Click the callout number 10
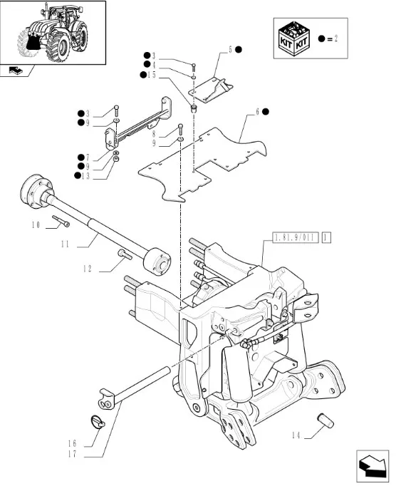36,224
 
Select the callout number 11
65,244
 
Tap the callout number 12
88,269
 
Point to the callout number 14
296,435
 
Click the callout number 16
72,443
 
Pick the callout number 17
72,454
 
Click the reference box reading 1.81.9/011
296,238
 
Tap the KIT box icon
293,38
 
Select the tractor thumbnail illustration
53,33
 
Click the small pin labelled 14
325,420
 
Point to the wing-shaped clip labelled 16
98,423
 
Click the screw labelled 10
61,222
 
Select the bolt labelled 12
125,254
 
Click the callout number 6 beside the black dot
257,112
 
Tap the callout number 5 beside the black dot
230,50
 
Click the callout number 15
152,75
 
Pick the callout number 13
85,176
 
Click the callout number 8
154,134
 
